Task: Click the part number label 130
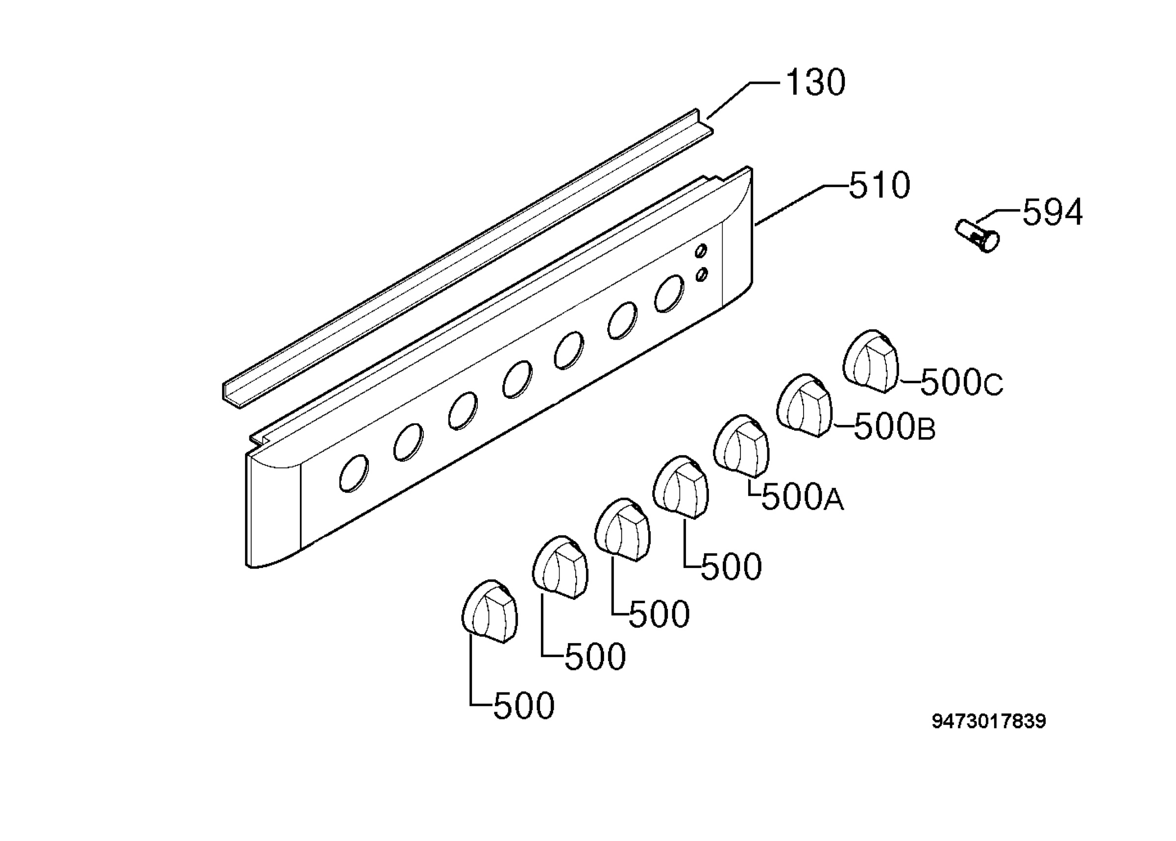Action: coord(815,82)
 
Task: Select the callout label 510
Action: coord(879,185)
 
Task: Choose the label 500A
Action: coord(802,497)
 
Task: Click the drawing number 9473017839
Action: coord(989,721)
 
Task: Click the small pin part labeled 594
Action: coord(976,237)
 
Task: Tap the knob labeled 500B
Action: coord(804,405)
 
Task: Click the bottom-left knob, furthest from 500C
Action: coord(489,611)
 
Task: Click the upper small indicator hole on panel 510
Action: coord(701,250)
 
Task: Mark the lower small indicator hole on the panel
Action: coord(701,274)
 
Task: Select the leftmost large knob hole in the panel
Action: coord(354,473)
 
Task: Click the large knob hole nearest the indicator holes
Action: coord(669,294)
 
